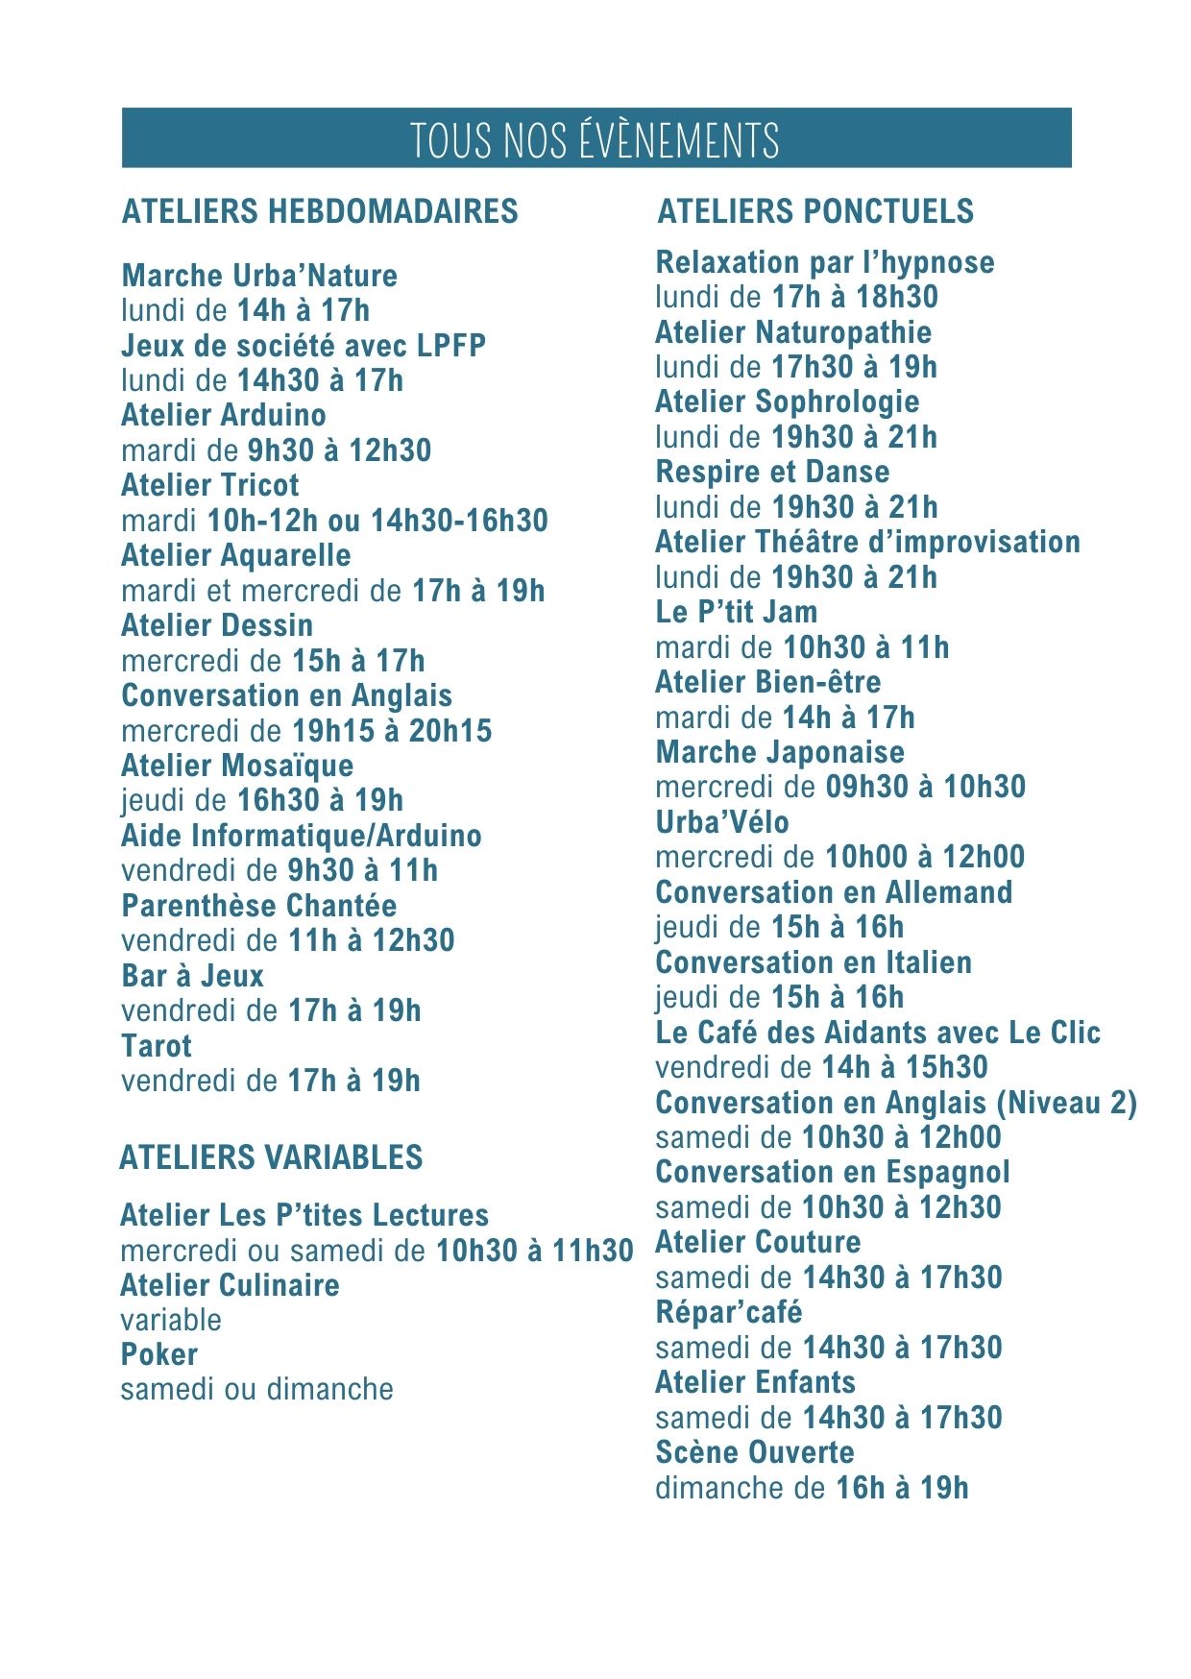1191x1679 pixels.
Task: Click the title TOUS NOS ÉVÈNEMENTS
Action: [x=595, y=140]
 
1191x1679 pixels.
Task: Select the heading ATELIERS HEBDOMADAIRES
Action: [x=320, y=211]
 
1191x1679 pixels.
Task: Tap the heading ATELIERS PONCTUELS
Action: [x=815, y=211]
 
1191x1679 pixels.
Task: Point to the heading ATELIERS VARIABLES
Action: [x=271, y=1157]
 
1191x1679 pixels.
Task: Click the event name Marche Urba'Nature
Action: [x=259, y=276]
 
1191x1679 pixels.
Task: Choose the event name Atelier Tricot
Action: [x=210, y=485]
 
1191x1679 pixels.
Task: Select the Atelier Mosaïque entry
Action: [x=237, y=766]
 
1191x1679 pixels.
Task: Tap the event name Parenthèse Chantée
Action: [x=259, y=906]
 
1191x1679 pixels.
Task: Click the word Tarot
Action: [x=157, y=1046]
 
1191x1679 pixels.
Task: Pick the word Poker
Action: [x=159, y=1354]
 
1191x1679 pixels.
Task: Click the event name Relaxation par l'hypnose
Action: [x=825, y=262]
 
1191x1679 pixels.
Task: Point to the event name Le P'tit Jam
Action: [x=737, y=612]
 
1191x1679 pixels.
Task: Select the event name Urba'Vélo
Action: [x=722, y=822]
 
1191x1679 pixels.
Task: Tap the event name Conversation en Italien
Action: [x=814, y=962]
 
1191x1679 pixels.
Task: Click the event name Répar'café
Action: [x=729, y=1312]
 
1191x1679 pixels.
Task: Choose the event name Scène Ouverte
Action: [x=755, y=1452]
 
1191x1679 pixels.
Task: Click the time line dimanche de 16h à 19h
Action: [x=812, y=1488]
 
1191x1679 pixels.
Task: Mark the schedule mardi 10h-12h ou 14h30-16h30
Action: [x=334, y=521]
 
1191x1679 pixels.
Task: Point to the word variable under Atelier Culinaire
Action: [x=171, y=1320]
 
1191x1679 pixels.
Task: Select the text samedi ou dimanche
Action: [x=257, y=1389]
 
